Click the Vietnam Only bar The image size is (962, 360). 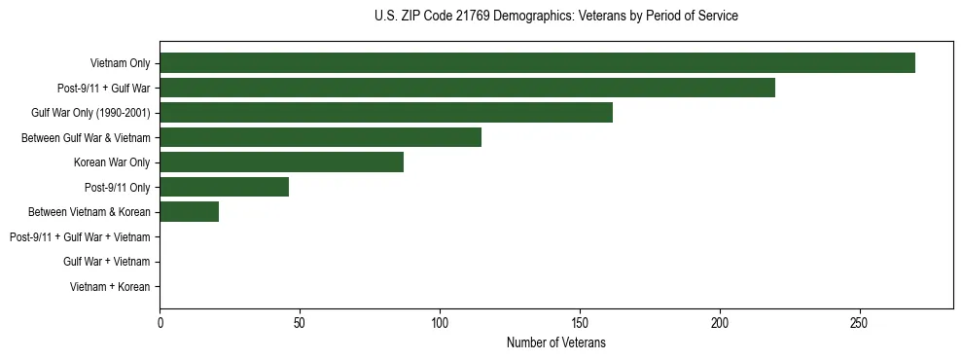tap(537, 63)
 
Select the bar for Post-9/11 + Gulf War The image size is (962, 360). tap(467, 88)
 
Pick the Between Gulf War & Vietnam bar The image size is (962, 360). tap(320, 137)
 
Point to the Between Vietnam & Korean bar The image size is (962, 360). tap(189, 212)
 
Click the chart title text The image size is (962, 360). tap(555, 17)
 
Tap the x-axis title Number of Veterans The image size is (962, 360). tap(555, 343)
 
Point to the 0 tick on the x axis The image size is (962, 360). tap(160, 323)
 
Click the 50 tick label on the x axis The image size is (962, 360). tap(300, 323)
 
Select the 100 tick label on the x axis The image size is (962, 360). tap(440, 323)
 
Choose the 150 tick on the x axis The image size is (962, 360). tap(580, 323)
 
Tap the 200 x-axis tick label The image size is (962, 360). tap(720, 323)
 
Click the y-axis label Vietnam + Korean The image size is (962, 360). tap(110, 287)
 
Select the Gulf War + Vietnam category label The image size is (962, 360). tap(106, 262)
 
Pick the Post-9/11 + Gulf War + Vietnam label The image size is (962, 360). tap(80, 237)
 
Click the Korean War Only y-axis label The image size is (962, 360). tap(112, 162)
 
